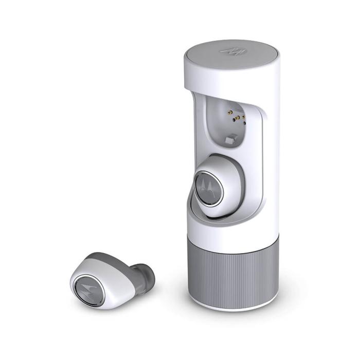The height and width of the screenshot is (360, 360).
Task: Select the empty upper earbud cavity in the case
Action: pyautogui.click(x=229, y=126)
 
